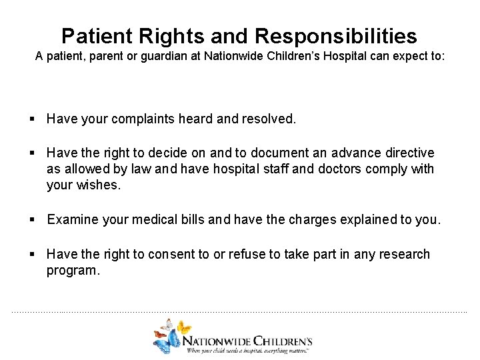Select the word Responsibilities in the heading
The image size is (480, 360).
point(336,36)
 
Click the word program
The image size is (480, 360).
point(73,270)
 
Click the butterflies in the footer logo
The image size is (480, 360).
point(169,335)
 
